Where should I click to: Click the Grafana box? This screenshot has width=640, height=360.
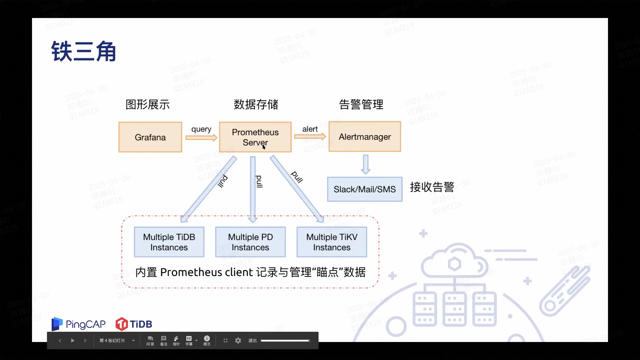pyautogui.click(x=150, y=137)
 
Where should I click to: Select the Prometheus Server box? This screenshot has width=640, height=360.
pyautogui.click(x=255, y=137)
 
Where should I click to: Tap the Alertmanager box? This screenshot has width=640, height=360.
pyautogui.click(x=365, y=137)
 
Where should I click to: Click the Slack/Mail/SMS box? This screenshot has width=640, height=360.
pyautogui.click(x=365, y=189)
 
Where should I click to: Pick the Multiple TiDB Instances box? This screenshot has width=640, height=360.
pyautogui.click(x=169, y=242)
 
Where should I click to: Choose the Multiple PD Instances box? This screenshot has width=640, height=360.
pyautogui.click(x=250, y=242)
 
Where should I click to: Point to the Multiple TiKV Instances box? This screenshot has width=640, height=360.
pyautogui.click(x=332, y=242)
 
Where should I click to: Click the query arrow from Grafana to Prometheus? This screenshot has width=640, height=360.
pyautogui.click(x=201, y=137)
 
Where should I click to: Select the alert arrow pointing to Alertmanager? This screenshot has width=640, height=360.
pyautogui.click(x=310, y=136)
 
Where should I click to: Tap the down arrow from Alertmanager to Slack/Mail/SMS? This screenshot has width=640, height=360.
pyautogui.click(x=366, y=164)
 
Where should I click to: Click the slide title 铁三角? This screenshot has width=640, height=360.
pyautogui.click(x=83, y=52)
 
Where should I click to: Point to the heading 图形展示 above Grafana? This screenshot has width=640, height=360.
pyautogui.click(x=147, y=105)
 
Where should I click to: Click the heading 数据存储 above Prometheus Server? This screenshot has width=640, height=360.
pyautogui.click(x=256, y=105)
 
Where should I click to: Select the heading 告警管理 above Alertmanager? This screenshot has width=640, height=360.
pyautogui.click(x=361, y=105)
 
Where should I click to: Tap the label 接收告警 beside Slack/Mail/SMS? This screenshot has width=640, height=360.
pyautogui.click(x=432, y=187)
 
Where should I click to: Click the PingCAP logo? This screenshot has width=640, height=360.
pyautogui.click(x=78, y=324)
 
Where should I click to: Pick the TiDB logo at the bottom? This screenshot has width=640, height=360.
pyautogui.click(x=134, y=324)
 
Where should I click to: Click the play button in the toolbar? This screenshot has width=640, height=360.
pyautogui.click(x=73, y=340)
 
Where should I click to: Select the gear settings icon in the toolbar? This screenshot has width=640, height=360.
pyautogui.click(x=238, y=340)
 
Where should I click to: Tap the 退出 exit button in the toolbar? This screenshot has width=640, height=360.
pyautogui.click(x=252, y=340)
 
